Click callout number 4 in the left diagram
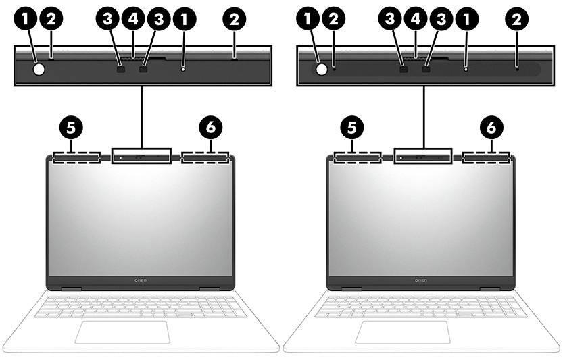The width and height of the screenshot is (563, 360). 133,20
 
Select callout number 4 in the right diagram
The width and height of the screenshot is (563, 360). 416,20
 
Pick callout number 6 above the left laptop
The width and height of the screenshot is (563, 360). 211,126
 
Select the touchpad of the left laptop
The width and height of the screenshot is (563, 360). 122,332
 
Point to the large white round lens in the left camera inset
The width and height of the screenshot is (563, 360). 39,68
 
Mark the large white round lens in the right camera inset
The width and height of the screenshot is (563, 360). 321,68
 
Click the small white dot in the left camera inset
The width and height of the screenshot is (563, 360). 183,68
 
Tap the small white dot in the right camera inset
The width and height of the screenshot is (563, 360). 466,68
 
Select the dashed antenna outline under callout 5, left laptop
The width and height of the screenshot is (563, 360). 74,157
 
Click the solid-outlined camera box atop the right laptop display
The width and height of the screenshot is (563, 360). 422,156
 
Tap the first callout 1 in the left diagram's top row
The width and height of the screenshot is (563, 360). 26,20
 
